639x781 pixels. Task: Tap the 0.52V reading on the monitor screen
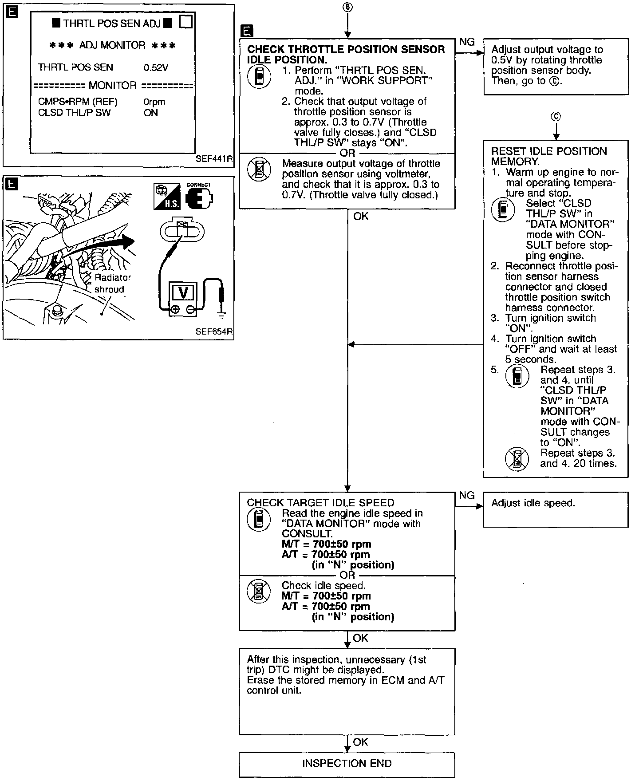156,67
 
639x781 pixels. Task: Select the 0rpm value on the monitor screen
154,102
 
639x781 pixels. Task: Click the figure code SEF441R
214,159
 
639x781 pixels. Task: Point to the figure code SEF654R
214,331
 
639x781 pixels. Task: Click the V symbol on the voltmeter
182,293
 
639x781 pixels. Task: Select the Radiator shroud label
112,284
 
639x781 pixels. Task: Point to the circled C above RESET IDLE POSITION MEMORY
556,117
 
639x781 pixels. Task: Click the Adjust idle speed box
556,509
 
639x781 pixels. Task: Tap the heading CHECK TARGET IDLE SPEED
320,503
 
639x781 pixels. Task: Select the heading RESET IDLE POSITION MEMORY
548,156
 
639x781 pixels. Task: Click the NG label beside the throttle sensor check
467,42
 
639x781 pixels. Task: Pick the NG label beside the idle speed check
467,496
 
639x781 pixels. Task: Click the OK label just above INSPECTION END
360,742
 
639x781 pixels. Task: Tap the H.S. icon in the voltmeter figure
167,197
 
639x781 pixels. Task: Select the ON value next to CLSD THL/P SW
151,113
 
